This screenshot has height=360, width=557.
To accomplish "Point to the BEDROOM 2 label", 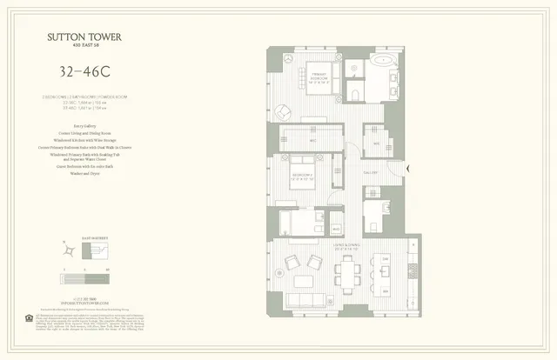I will [301, 179].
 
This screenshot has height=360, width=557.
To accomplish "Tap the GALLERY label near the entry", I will [370, 173].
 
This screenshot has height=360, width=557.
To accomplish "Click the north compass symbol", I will [65, 250].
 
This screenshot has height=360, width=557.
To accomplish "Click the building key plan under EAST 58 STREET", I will [94, 250].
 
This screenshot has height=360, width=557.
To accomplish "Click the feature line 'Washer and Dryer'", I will [78, 173].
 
